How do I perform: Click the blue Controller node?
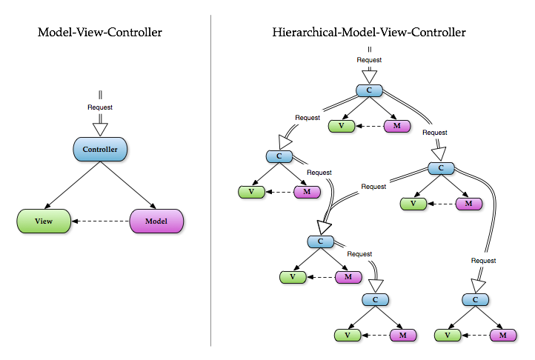tap(100, 149)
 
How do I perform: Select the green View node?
tap(44, 221)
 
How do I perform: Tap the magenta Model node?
tap(156, 221)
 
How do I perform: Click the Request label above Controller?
tap(100, 107)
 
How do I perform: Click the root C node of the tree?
tap(369, 90)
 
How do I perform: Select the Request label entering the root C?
tap(370, 59)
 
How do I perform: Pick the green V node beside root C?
tap(342, 126)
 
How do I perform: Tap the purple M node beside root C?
tap(397, 126)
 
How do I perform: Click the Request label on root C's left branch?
tap(308, 117)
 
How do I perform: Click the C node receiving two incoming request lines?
tap(320, 241)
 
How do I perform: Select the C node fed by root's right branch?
tap(441, 168)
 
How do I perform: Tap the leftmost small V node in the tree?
tap(251, 192)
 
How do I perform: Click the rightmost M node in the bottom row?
tap(503, 335)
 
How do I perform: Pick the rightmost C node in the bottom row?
tap(475, 300)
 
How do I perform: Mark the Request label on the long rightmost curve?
tap(483, 260)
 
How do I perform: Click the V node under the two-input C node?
tap(293, 277)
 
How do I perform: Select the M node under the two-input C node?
tap(348, 277)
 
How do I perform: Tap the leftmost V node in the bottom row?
tap(348, 335)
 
